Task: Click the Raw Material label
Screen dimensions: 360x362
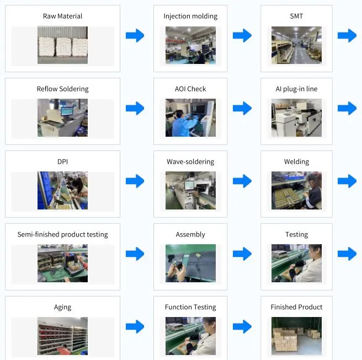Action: pos(62,16)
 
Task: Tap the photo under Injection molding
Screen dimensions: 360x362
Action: pos(190,45)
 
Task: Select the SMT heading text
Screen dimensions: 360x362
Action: pos(296,16)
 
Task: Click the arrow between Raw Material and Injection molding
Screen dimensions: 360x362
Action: pos(135,36)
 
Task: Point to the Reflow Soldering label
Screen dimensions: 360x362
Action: pos(62,89)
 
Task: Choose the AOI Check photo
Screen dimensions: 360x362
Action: pos(190,118)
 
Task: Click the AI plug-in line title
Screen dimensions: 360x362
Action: pos(296,89)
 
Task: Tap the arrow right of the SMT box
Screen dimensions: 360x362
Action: pos(347,36)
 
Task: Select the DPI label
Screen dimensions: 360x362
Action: pos(62,162)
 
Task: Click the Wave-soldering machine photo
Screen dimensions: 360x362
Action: pos(190,191)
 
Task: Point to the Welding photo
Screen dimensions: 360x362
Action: pos(296,191)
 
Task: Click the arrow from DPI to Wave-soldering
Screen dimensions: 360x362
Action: pos(135,181)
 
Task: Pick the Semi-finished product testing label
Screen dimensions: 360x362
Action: pos(62,234)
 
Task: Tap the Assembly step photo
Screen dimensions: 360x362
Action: pos(190,264)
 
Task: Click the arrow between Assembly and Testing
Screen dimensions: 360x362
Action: pos(242,254)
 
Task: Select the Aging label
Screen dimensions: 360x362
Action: pos(62,307)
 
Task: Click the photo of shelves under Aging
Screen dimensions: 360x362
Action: pos(62,336)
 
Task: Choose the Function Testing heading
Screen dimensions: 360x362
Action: pos(190,307)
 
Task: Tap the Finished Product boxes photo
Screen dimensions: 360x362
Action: pos(296,336)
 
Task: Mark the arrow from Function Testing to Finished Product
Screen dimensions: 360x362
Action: pos(242,327)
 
